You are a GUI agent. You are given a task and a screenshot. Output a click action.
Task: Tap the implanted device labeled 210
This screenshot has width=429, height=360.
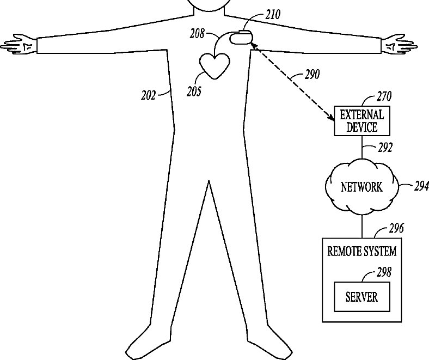pyautogui.click(x=241, y=39)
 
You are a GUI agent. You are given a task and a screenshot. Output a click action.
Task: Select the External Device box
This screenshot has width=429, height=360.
pyautogui.click(x=361, y=121)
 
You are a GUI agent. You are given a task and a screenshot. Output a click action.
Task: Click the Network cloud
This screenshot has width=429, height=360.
pyautogui.click(x=361, y=188)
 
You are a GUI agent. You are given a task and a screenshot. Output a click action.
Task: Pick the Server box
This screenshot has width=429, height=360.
pyautogui.click(x=361, y=297)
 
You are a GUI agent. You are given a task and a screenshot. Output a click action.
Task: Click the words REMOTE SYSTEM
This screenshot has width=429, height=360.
pyautogui.click(x=361, y=252)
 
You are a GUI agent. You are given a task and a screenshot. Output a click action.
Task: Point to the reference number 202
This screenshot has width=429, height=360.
pyautogui.click(x=148, y=95)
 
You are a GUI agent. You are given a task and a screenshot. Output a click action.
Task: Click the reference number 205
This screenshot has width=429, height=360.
pyautogui.click(x=193, y=91)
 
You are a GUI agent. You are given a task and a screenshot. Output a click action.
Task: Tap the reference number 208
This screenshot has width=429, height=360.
pyautogui.click(x=197, y=34)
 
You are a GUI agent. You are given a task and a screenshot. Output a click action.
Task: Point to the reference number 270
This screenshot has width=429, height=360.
pyautogui.click(x=384, y=97)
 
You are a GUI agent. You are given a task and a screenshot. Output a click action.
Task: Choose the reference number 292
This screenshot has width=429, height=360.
pyautogui.click(x=384, y=147)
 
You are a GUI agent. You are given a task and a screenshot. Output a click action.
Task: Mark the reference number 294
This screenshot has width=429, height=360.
pyautogui.click(x=421, y=187)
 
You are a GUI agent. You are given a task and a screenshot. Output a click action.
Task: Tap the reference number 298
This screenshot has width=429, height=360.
pyautogui.click(x=384, y=272)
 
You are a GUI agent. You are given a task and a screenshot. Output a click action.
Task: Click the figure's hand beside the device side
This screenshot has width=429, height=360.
pyautogui.click(x=397, y=45)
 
